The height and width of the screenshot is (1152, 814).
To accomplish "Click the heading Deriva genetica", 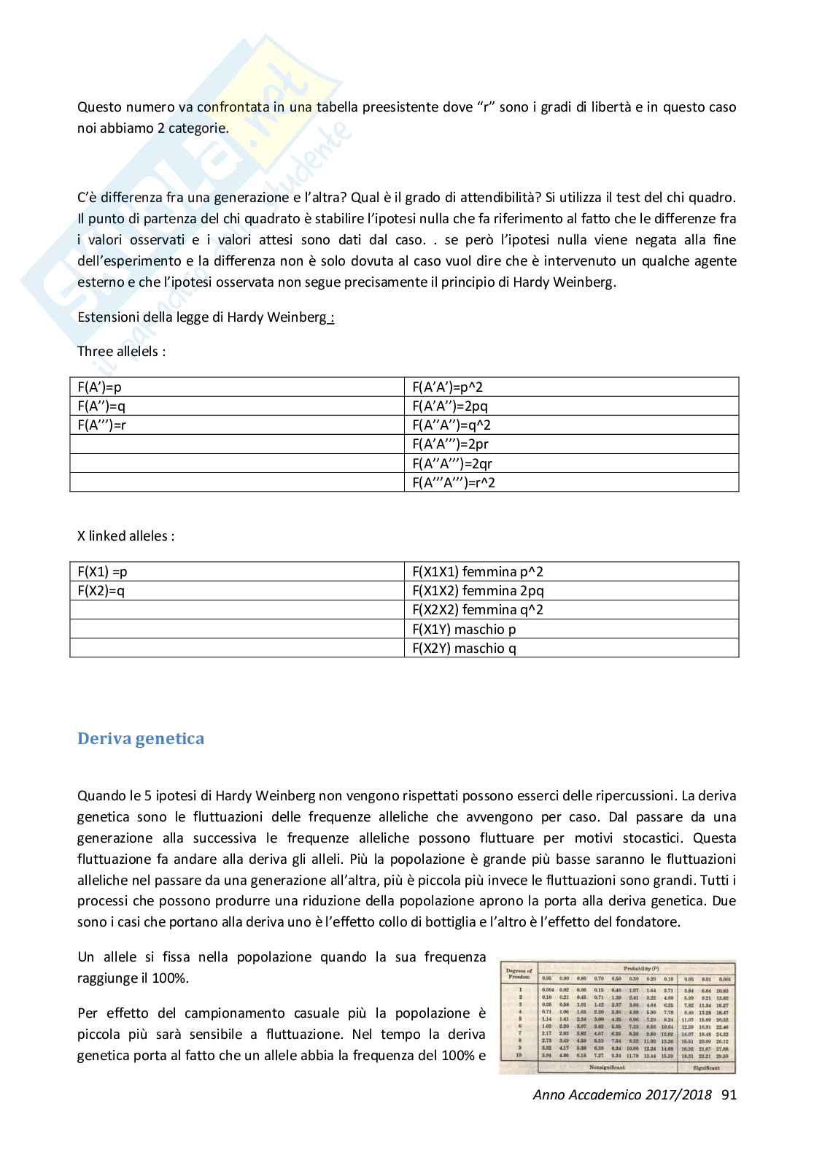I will point(141,738).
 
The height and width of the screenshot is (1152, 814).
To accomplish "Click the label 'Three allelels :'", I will point(122,351).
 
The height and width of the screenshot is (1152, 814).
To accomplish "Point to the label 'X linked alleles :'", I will point(125,536).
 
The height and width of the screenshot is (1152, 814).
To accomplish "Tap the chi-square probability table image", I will point(617,1016).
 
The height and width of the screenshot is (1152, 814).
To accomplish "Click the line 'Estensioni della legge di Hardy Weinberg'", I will point(205,317).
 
